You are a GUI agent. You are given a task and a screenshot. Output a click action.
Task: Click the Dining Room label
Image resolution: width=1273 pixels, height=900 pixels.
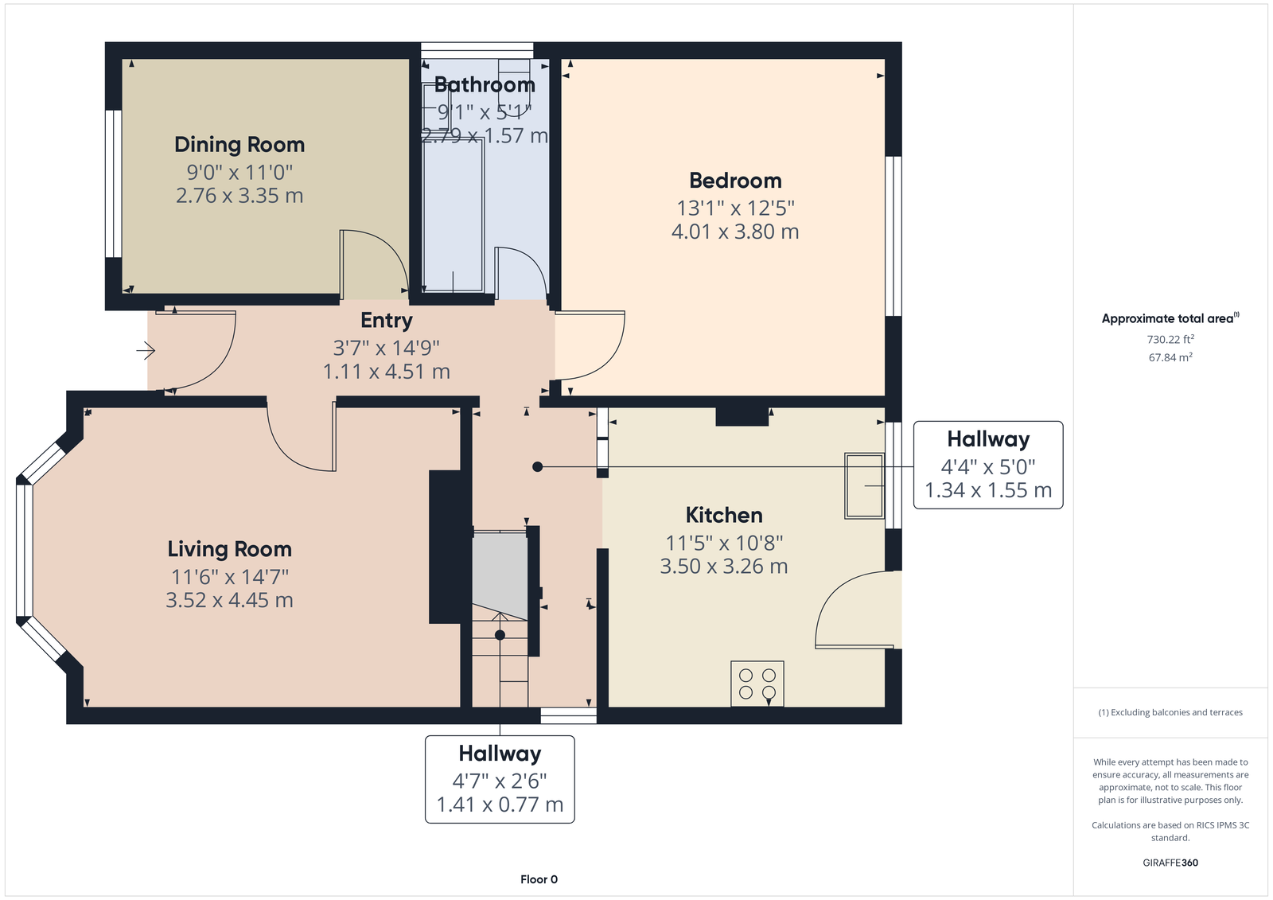point(239,145)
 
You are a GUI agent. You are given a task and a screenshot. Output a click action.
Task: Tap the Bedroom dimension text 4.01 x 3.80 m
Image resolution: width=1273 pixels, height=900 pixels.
point(735,232)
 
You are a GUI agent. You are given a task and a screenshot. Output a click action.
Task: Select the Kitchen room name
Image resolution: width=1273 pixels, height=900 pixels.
point(724,515)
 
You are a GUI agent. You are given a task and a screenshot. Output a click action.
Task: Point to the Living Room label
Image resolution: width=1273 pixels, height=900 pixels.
point(230,549)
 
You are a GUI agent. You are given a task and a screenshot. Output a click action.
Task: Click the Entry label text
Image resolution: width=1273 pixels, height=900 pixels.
point(387,321)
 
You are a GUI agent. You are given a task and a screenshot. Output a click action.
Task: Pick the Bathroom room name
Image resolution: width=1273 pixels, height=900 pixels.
point(485,84)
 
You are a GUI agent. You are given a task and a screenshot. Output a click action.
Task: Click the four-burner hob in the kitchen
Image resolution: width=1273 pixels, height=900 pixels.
point(757,684)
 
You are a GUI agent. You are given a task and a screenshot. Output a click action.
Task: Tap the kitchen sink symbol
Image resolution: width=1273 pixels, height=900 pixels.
point(864,485)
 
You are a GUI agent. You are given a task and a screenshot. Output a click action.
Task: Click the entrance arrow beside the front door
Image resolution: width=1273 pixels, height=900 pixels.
point(146,350)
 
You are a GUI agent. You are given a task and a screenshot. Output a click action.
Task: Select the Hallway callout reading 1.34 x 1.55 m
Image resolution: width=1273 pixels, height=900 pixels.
point(988,465)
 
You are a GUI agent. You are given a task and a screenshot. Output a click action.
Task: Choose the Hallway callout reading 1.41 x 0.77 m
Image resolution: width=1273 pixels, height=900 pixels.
point(500,780)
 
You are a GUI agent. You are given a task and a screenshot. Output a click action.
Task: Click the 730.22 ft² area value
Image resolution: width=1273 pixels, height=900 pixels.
point(1170,340)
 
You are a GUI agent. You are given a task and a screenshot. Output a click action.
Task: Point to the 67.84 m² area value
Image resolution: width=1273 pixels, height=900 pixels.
point(1170,357)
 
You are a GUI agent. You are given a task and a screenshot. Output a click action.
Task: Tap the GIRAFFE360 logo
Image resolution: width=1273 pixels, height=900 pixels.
point(1170,863)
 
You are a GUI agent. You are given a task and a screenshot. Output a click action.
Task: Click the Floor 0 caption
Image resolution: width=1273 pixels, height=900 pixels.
point(539,879)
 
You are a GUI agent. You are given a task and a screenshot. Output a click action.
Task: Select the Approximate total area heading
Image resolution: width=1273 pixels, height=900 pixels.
point(1170,318)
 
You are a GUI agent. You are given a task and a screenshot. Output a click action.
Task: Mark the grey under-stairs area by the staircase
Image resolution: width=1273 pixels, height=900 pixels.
point(500,575)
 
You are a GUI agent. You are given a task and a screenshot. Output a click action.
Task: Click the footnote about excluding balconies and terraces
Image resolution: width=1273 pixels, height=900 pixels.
point(1170,712)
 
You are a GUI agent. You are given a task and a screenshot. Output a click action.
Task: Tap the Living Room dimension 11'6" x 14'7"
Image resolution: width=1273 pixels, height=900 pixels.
point(230,577)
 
